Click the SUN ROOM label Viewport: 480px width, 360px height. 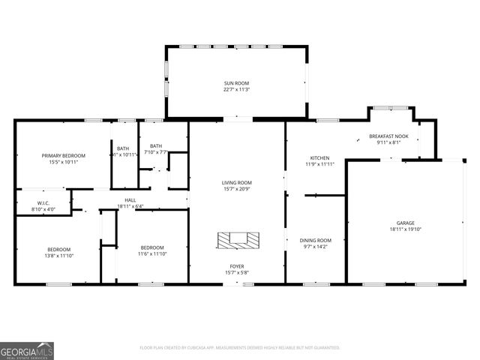[236, 83]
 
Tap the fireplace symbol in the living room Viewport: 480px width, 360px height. [238, 240]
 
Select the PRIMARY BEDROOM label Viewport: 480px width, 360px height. [63, 155]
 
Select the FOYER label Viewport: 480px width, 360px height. [236, 266]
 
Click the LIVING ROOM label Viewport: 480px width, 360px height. [236, 183]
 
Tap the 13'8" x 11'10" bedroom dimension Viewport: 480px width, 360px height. [59, 255]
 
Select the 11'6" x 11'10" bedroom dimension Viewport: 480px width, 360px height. [152, 253]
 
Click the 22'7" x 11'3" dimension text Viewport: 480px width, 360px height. [236, 89]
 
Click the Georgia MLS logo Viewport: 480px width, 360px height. [27, 350]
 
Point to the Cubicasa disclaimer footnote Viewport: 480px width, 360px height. [240, 348]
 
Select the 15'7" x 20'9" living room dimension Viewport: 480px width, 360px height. [236, 189]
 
